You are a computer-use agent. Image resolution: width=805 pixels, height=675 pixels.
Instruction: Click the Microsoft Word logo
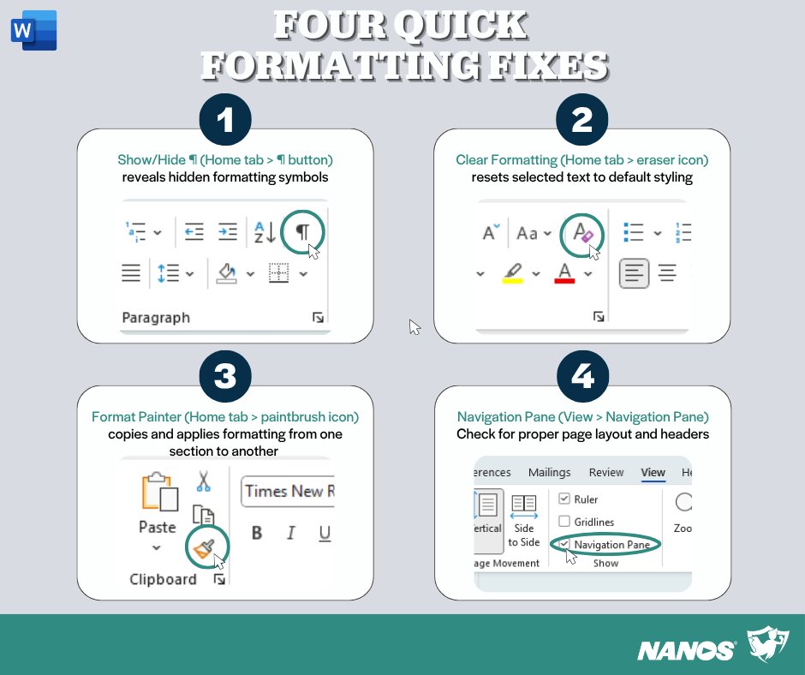[33, 31]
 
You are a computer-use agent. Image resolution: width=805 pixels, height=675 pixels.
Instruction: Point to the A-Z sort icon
[265, 231]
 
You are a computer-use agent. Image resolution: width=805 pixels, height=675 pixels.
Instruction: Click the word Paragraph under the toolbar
[156, 318]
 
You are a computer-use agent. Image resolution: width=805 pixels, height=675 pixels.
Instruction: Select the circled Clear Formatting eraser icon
[582, 233]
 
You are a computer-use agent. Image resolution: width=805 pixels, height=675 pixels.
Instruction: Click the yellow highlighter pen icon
[512, 273]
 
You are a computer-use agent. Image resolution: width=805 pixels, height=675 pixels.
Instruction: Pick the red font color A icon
[564, 273]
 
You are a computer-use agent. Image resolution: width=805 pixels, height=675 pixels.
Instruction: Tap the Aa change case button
[528, 233]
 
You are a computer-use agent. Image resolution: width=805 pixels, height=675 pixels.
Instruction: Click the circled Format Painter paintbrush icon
[206, 545]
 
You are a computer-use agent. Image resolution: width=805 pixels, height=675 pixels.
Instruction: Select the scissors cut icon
[203, 481]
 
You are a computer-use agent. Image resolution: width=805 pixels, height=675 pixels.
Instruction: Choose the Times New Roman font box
[288, 491]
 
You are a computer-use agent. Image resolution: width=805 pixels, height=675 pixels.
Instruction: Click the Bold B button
[257, 534]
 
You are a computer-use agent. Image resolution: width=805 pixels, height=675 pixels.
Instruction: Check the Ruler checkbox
[564, 499]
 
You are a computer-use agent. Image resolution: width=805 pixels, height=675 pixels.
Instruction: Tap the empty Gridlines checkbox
[564, 522]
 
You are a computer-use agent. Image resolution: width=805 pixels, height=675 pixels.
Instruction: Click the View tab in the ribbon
[653, 472]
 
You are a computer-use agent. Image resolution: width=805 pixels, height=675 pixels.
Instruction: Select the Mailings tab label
[549, 472]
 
